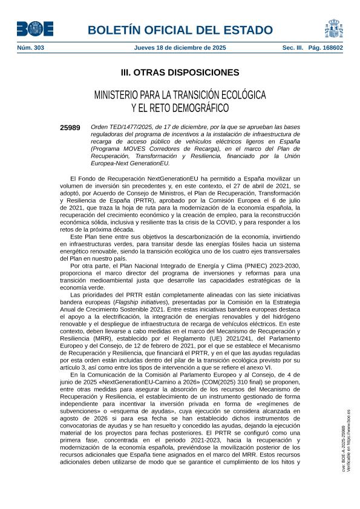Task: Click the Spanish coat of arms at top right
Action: coord(333,28)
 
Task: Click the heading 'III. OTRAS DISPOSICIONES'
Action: coord(180,73)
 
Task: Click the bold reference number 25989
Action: coord(70,128)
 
